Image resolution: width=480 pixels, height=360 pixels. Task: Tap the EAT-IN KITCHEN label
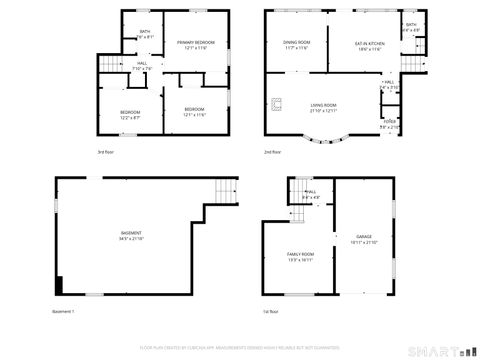point(369,43)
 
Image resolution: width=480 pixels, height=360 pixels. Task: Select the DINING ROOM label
point(297,42)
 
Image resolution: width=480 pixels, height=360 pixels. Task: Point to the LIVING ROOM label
point(322,104)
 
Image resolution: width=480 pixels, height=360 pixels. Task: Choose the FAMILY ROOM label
point(300,254)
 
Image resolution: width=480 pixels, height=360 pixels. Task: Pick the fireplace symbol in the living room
point(281,101)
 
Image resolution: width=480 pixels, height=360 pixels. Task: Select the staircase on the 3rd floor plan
point(109,65)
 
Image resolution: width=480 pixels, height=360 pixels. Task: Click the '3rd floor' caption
point(104,152)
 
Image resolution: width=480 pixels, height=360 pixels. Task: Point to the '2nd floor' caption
point(272,152)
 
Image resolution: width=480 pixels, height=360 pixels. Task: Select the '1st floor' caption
point(271,312)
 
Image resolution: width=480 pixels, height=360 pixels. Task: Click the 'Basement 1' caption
point(63,312)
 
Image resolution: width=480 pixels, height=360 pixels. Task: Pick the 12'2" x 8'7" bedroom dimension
point(130,117)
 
